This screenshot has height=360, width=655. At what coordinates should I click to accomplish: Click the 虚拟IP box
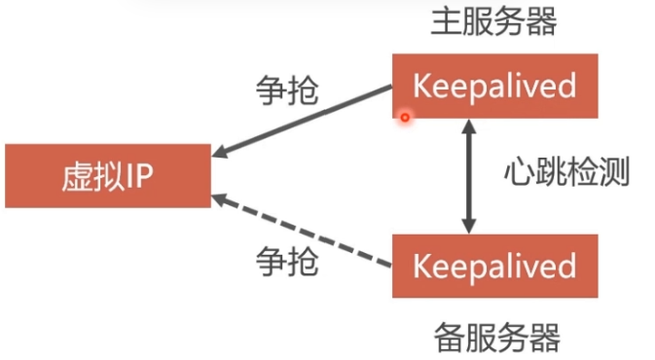click(x=108, y=176)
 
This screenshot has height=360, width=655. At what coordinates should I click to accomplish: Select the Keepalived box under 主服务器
click(x=495, y=86)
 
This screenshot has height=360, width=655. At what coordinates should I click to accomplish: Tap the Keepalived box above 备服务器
click(x=495, y=266)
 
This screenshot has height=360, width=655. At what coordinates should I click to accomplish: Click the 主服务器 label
click(x=493, y=21)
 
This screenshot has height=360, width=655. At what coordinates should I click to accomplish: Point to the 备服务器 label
click(x=497, y=338)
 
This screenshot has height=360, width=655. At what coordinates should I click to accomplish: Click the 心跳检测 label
click(x=566, y=171)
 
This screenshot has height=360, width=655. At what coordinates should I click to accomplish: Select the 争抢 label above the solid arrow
click(x=287, y=90)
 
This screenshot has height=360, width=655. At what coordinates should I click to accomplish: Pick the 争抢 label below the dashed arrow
click(x=287, y=262)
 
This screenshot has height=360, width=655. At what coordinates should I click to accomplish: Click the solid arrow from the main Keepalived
click(x=302, y=121)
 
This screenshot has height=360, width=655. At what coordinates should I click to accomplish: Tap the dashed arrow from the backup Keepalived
click(x=302, y=231)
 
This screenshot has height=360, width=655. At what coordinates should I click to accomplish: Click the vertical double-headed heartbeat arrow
click(x=469, y=176)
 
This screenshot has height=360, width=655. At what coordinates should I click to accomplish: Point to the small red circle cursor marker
click(x=405, y=118)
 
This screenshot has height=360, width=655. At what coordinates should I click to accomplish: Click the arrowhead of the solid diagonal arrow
click(x=219, y=152)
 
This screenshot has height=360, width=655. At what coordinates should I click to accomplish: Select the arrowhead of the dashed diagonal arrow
click(x=219, y=199)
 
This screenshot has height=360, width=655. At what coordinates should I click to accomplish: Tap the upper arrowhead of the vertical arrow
click(x=469, y=126)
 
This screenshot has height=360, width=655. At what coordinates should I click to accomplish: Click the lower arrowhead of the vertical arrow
click(x=469, y=227)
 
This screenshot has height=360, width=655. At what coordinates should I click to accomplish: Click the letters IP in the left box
click(x=139, y=176)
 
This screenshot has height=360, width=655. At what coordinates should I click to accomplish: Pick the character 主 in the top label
click(x=446, y=21)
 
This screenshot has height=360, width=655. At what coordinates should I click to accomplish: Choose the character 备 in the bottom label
click(x=450, y=338)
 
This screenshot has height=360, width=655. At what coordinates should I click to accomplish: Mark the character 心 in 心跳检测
click(x=520, y=171)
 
